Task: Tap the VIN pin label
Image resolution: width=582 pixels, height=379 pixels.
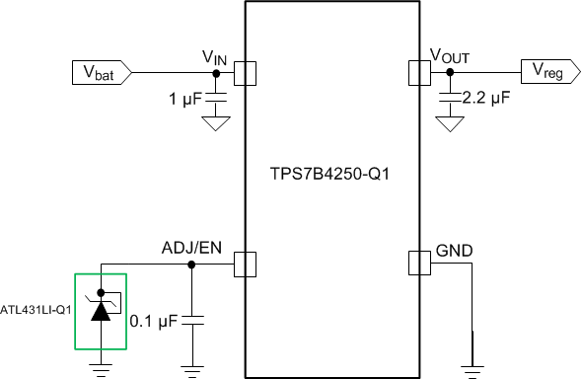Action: (x=214, y=57)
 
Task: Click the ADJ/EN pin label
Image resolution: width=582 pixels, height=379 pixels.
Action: (x=193, y=249)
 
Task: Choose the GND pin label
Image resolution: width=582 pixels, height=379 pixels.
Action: (x=454, y=249)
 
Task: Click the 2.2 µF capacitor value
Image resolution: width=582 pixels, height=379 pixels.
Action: (x=487, y=99)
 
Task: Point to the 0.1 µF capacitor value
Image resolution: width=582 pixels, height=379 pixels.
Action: (x=153, y=321)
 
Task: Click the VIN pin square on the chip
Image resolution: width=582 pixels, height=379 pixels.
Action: (x=245, y=72)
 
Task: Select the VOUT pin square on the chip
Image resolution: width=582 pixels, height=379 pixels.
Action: (x=420, y=72)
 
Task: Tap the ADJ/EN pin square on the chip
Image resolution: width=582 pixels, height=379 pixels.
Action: (x=245, y=264)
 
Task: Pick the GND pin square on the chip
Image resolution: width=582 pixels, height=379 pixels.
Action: (x=420, y=264)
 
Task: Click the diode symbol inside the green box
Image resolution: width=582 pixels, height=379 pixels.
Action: (x=101, y=308)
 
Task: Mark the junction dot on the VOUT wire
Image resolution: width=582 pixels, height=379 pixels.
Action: (x=451, y=72)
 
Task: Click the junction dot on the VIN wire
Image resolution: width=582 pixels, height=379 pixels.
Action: (x=217, y=72)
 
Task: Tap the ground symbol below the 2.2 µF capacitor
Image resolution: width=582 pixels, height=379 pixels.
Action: (x=451, y=124)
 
